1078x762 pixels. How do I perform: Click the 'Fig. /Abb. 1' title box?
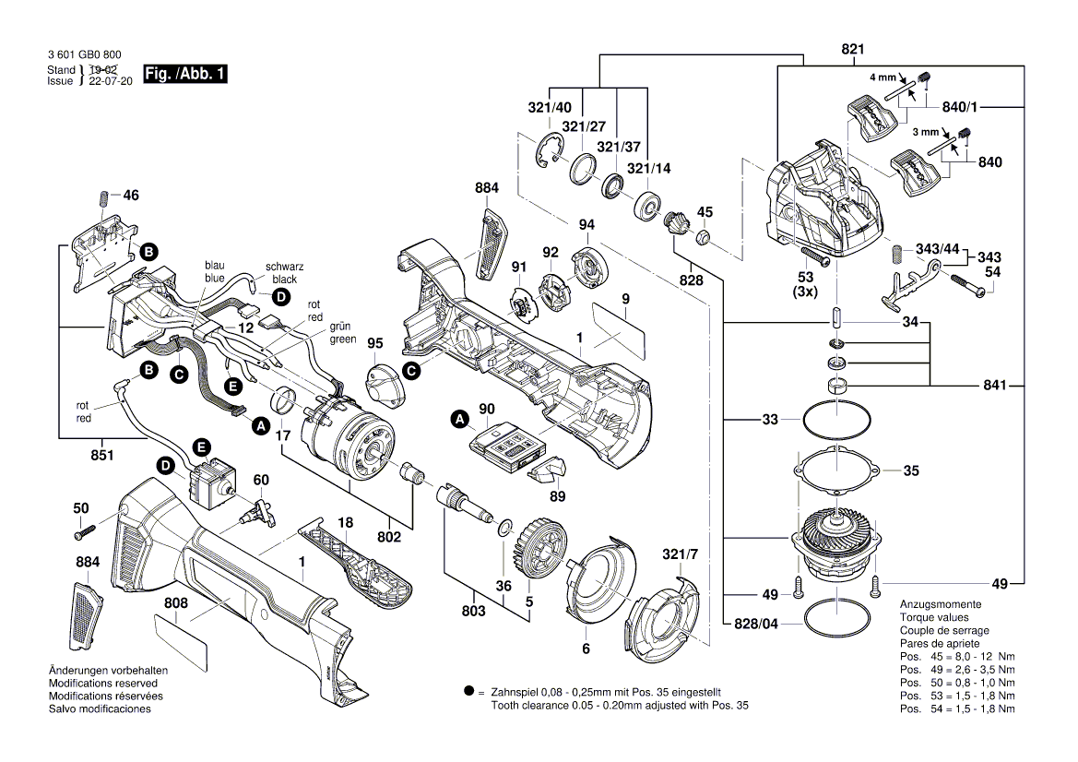click(x=185, y=74)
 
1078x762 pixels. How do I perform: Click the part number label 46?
click(x=131, y=196)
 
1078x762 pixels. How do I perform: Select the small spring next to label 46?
click(x=103, y=197)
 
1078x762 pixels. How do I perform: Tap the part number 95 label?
click(x=374, y=343)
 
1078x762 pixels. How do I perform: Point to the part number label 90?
click(x=487, y=408)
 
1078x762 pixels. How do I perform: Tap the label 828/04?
click(x=756, y=623)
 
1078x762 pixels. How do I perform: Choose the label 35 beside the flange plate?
click(x=911, y=470)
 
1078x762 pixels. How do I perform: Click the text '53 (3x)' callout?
click(x=805, y=284)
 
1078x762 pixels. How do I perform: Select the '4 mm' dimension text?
click(x=882, y=78)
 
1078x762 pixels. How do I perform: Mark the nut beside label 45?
click(x=702, y=238)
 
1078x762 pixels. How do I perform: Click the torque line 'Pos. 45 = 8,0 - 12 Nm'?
click(x=957, y=656)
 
